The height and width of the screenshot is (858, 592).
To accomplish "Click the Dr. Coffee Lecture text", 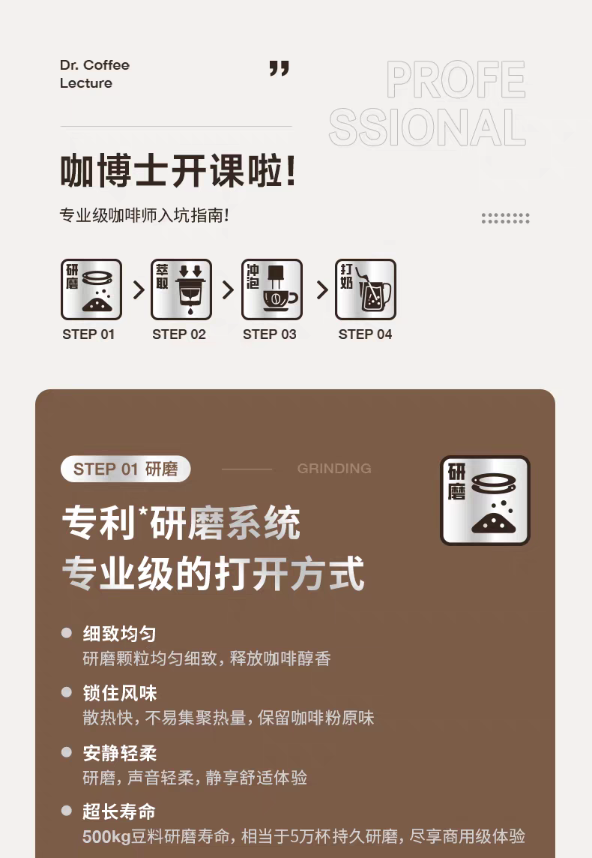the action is click(x=94, y=73).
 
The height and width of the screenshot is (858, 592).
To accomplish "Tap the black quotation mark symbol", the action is click(x=280, y=68).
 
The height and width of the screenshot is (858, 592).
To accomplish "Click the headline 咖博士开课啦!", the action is click(x=178, y=170).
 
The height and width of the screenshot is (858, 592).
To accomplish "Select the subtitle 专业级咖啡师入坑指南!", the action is click(x=144, y=215).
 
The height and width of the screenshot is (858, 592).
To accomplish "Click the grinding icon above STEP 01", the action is click(x=91, y=289).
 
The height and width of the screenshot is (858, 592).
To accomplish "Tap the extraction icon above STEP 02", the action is click(x=181, y=289).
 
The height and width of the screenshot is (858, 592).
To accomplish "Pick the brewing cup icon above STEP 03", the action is click(x=272, y=289).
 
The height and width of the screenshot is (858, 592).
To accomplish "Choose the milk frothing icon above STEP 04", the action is click(x=366, y=289).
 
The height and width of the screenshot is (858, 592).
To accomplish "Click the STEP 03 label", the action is click(x=270, y=334).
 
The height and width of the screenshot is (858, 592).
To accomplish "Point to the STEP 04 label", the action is click(x=365, y=334).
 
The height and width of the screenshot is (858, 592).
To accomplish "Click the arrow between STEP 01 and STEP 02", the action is click(x=139, y=290).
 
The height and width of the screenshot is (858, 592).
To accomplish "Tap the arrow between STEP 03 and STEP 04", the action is click(x=322, y=290).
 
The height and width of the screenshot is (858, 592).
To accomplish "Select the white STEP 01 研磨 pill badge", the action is click(x=126, y=469).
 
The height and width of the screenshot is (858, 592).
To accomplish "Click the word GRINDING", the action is click(x=334, y=469).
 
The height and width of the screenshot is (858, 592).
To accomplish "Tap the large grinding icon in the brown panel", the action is click(x=486, y=501).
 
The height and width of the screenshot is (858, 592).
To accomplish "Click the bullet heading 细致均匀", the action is click(x=120, y=634).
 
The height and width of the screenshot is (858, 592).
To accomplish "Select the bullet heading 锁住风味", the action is click(x=120, y=693).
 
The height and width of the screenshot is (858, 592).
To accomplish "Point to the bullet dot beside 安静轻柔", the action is click(x=67, y=752).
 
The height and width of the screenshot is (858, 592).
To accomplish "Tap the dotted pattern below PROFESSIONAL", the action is click(x=506, y=218).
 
